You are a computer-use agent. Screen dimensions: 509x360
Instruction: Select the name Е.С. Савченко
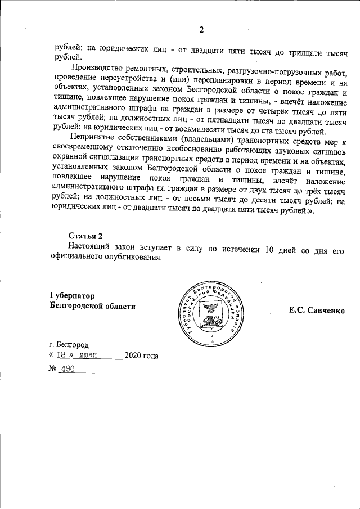click(x=317, y=309)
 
